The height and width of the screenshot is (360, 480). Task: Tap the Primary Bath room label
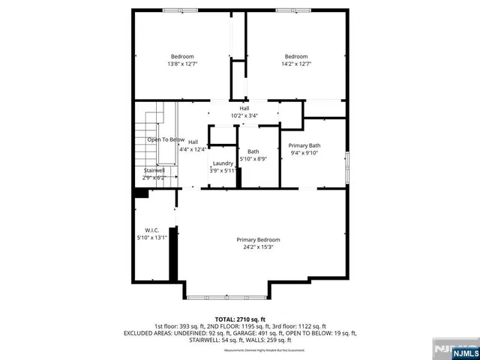tap(304, 145)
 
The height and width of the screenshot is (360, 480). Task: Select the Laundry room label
tap(223, 163)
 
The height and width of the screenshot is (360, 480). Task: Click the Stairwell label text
tap(154, 170)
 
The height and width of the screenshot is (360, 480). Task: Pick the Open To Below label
tap(165, 139)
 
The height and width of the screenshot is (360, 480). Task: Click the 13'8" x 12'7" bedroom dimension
tap(182, 64)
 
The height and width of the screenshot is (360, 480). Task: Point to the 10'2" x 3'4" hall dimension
tap(244, 115)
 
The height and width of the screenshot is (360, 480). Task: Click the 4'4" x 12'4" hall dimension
tap(192, 149)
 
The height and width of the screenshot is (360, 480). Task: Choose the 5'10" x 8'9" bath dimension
tap(253, 159)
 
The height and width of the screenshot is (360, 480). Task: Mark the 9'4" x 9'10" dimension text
tap(304, 153)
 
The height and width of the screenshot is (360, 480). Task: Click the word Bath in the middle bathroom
tap(253, 151)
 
